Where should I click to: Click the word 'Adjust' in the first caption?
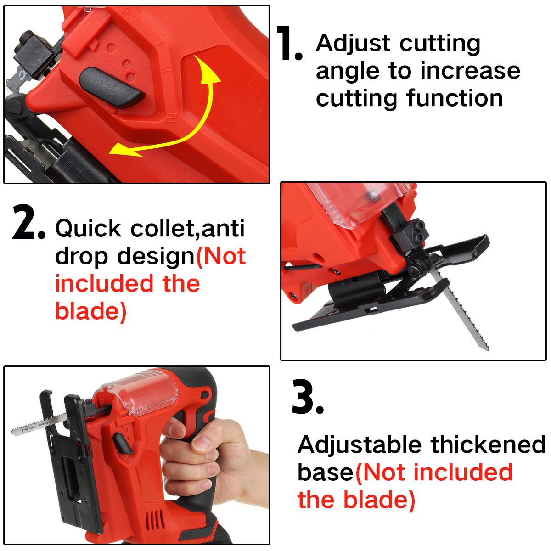coord(354,44)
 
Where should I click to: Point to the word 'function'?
coord(454,98)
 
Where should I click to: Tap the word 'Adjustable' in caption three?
coord(360,445)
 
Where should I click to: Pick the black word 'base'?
coord(326,472)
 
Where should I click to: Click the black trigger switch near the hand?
coord(123,444)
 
